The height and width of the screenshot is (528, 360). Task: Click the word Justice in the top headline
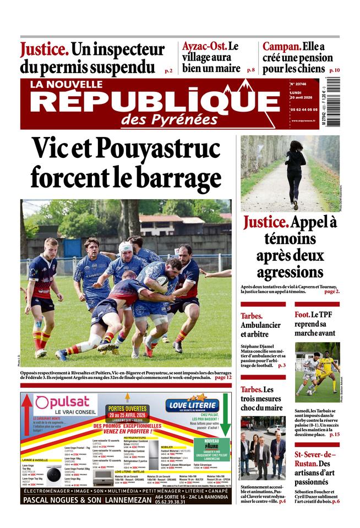(45, 50)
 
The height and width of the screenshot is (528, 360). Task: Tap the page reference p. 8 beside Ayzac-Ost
(250, 70)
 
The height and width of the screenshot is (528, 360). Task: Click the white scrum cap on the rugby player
(126, 247)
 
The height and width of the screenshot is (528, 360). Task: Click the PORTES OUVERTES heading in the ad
(127, 408)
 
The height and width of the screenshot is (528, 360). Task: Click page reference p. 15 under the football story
(334, 435)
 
